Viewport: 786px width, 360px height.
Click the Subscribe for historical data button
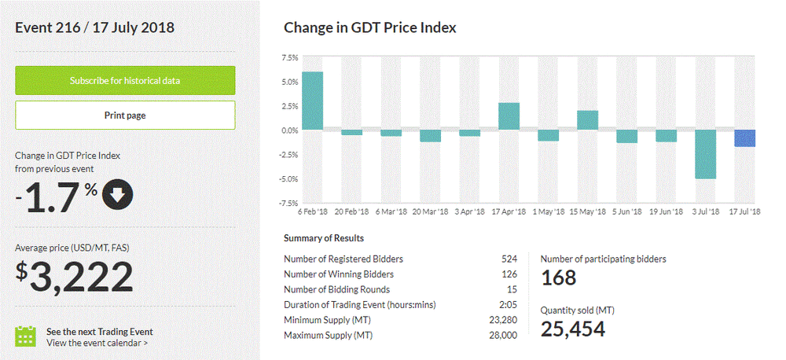125,80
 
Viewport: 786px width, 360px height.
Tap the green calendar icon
27,336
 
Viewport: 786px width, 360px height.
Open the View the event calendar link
97,343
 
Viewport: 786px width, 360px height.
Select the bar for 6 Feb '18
312,101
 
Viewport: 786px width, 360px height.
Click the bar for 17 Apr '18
509,116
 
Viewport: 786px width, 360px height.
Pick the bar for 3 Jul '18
705,154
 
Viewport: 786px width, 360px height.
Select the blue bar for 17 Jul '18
744,138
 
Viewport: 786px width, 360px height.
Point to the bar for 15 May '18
587,120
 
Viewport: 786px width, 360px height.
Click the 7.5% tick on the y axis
289,57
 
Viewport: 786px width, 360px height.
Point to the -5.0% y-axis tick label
288,179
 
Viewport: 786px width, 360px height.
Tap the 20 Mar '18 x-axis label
429,212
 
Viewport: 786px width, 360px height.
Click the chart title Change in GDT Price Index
369,28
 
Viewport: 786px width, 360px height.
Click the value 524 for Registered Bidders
509,259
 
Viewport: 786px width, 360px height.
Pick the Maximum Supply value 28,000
504,336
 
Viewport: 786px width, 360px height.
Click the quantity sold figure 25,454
573,329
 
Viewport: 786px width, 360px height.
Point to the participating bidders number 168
558,277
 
